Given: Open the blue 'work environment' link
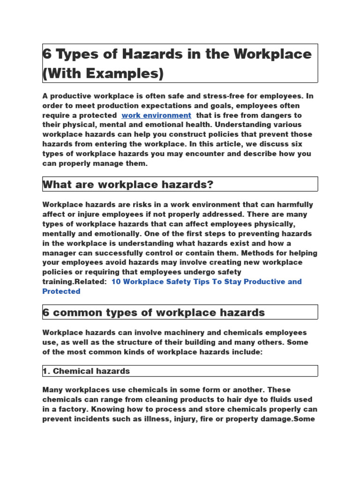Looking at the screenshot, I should (x=156, y=115).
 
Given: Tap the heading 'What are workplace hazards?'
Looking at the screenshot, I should (x=128, y=184).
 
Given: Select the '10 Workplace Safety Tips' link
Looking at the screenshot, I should (x=206, y=282).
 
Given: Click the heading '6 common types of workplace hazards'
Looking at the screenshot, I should (x=154, y=312).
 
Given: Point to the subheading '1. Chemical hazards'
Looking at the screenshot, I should (x=86, y=371).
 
